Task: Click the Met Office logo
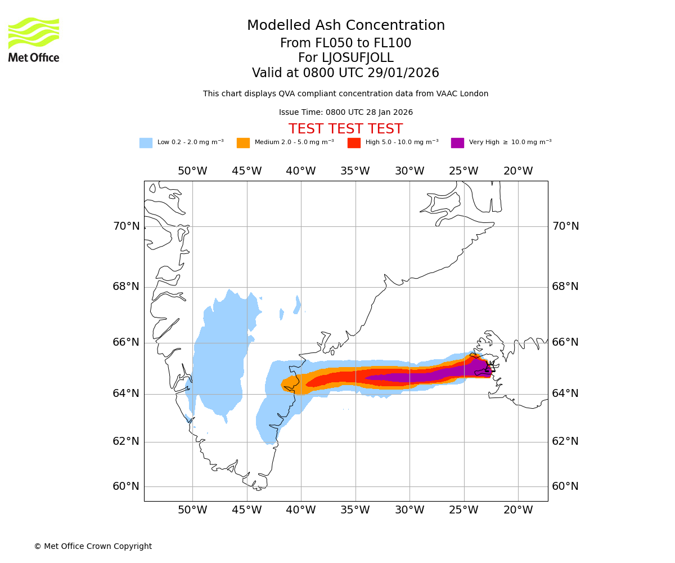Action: (x=34, y=39)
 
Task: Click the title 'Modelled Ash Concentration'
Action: (x=346, y=26)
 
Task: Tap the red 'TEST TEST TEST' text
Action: (x=345, y=129)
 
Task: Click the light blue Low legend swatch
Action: (x=146, y=143)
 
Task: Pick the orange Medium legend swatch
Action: (x=243, y=143)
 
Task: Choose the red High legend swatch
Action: (x=354, y=143)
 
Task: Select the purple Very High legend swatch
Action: (x=457, y=143)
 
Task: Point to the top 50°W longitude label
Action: (x=192, y=171)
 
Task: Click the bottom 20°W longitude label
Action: (x=518, y=510)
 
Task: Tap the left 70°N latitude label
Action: (x=126, y=226)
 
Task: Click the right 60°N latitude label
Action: (x=565, y=486)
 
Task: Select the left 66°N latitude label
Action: (x=126, y=342)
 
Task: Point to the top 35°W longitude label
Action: (x=355, y=171)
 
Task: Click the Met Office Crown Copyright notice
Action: (x=93, y=547)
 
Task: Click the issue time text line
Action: (x=345, y=113)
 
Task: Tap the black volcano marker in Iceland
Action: (x=490, y=369)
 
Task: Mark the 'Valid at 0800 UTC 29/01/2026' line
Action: (x=345, y=73)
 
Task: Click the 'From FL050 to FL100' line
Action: (x=345, y=43)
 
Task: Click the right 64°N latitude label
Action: (x=565, y=394)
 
